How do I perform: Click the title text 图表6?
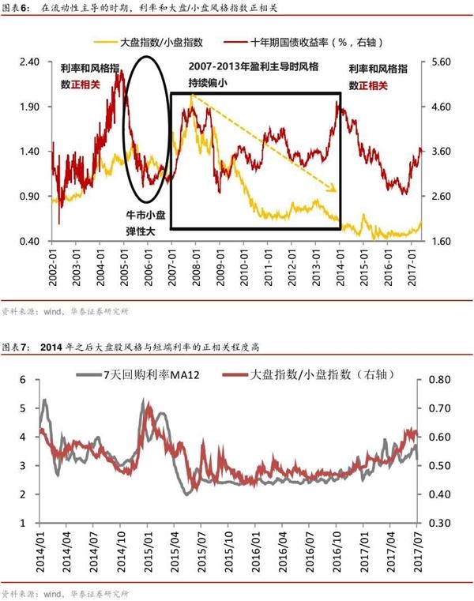coord(15,9)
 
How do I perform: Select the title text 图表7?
coord(15,347)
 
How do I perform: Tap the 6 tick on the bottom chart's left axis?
coord(23,380)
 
